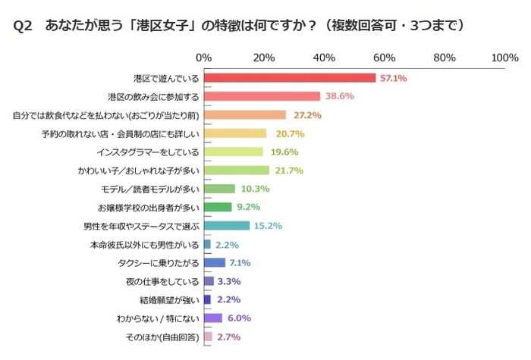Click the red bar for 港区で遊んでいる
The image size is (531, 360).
tap(290, 77)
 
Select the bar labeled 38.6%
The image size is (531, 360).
tap(262, 96)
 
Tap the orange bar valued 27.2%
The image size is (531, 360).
tap(244, 115)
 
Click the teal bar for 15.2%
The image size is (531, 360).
tap(226, 226)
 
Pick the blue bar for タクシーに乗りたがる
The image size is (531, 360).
tap(214, 262)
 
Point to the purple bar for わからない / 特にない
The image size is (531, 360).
tap(212, 318)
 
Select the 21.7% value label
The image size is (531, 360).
tap(287, 171)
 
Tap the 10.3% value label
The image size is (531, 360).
tap(253, 189)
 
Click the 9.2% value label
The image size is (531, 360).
tap(247, 207)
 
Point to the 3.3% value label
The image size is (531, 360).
tap(228, 281)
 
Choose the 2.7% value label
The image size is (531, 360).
tap(228, 337)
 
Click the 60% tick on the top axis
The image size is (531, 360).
tap(385, 58)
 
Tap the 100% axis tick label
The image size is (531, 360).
tap(504, 58)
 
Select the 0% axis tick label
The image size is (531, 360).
tap(203, 58)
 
